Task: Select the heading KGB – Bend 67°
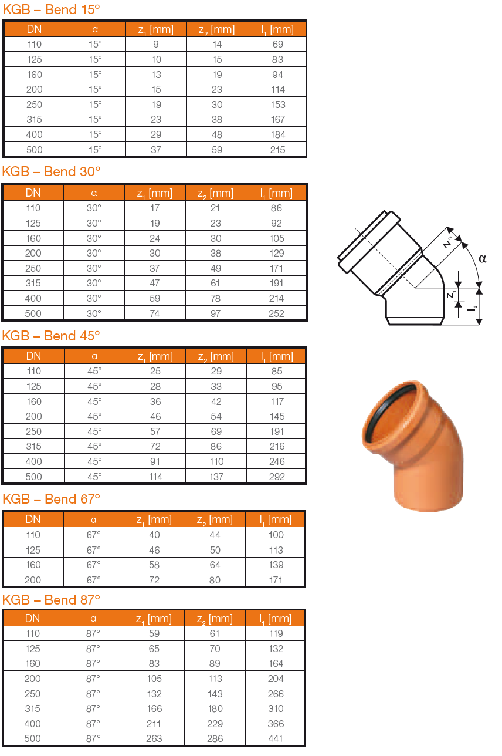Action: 52,499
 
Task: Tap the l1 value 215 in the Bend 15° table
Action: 277,150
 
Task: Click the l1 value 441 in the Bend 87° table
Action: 275,738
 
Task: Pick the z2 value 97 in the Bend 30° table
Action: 215,313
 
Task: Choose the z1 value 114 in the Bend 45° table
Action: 155,477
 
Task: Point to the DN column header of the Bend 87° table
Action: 33,618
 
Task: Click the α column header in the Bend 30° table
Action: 94,193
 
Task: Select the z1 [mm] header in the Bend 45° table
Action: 155,356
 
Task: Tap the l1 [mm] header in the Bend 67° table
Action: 275,519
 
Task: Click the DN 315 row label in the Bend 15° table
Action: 35,119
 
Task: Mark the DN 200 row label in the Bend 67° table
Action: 33,580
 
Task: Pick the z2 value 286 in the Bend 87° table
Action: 215,738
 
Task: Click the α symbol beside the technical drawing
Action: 482,258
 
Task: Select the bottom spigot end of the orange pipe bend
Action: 428,496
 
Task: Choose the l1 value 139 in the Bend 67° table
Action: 275,565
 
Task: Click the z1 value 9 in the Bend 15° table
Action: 156,44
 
